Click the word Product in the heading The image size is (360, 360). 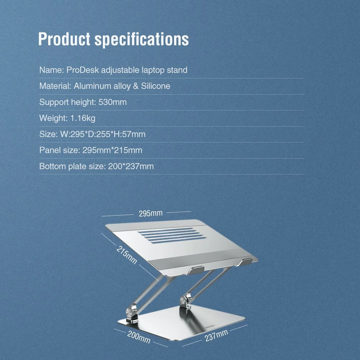tap(64, 39)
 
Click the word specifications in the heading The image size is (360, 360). tap(142, 40)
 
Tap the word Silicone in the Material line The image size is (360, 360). tap(155, 86)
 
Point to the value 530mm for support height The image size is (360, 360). tap(113, 102)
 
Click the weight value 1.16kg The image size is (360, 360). tap(83, 118)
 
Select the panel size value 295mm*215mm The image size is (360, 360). tap(112, 150)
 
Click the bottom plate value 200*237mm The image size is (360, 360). tap(131, 167)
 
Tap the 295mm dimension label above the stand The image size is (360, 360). tap(151, 213)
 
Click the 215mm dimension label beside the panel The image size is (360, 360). tap(127, 255)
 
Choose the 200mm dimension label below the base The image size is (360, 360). tap(139, 337)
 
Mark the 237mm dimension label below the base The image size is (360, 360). tap(216, 336)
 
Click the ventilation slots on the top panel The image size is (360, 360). tap(172, 235)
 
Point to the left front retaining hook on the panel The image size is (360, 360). tap(196, 270)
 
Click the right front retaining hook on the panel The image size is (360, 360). tap(245, 262)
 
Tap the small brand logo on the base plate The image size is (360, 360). tap(209, 326)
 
